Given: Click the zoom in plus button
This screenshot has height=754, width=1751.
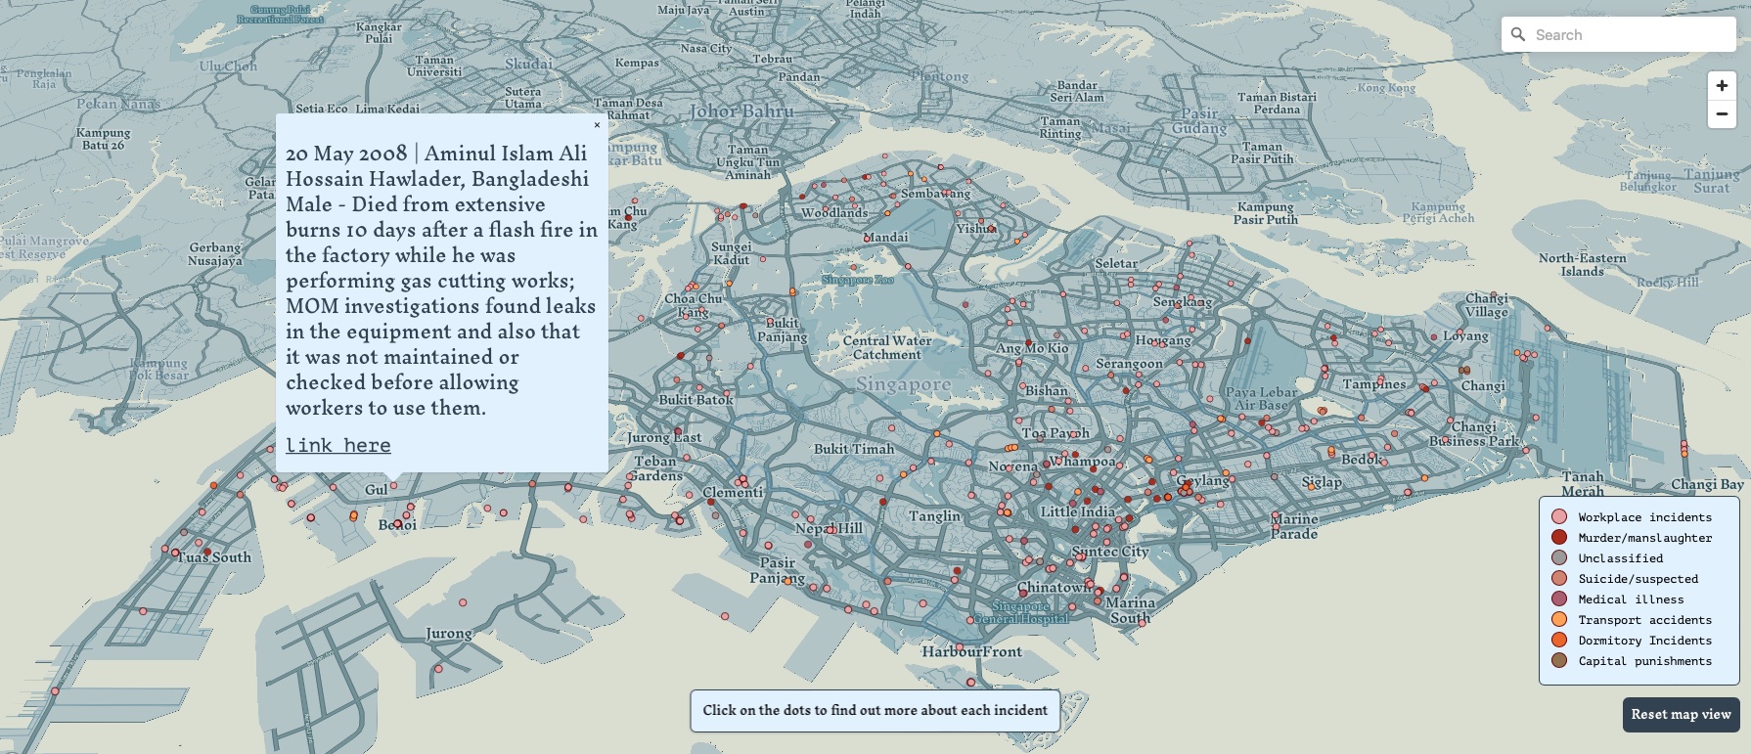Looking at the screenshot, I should tap(1722, 86).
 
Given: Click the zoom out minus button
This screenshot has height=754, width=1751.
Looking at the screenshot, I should tap(1722, 113).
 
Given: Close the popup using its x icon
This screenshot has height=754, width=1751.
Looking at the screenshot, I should tap(597, 124).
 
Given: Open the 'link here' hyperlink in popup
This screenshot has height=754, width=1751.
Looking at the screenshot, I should tap(337, 446).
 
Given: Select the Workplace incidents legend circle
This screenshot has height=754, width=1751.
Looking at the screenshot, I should tap(1559, 516).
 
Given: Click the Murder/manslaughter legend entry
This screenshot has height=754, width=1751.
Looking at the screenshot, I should tap(1644, 538).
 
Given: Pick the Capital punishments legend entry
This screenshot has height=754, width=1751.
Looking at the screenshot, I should tap(1644, 661).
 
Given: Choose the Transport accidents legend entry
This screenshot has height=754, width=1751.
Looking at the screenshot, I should tap(1644, 620).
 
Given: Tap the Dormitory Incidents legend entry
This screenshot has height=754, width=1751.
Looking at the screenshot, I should tap(1644, 641).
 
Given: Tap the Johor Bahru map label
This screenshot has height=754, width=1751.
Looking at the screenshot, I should tap(741, 111).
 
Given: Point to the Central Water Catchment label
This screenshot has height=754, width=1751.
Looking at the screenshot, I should tap(887, 347).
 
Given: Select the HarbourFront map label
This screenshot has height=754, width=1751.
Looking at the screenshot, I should tap(971, 651).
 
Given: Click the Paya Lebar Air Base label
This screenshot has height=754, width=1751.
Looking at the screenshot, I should tap(1261, 398).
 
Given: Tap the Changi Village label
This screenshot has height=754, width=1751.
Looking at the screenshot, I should tap(1486, 305).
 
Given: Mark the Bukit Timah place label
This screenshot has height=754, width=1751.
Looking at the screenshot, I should tap(854, 449).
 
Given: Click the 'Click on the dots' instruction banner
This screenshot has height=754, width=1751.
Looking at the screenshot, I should tap(875, 710).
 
